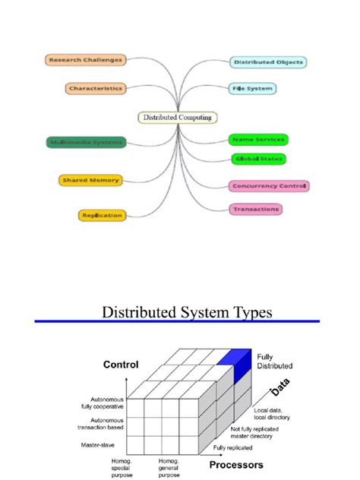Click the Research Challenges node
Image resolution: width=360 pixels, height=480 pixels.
(x=85, y=59)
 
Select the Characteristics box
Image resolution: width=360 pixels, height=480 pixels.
(x=95, y=88)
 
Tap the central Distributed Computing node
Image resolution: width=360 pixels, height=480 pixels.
(x=178, y=117)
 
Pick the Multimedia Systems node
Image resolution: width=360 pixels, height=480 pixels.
(x=84, y=142)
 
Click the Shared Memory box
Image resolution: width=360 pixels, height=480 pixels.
(x=90, y=180)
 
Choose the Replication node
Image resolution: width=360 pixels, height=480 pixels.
(x=101, y=215)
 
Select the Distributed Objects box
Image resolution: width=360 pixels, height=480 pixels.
(x=268, y=62)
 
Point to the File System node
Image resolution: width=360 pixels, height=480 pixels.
(x=251, y=88)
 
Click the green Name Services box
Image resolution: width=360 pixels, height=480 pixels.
(x=258, y=140)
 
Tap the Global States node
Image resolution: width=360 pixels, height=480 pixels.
(x=258, y=159)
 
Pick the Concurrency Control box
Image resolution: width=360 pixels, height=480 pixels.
(x=268, y=185)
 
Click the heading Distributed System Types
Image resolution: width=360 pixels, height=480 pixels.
(x=187, y=312)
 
